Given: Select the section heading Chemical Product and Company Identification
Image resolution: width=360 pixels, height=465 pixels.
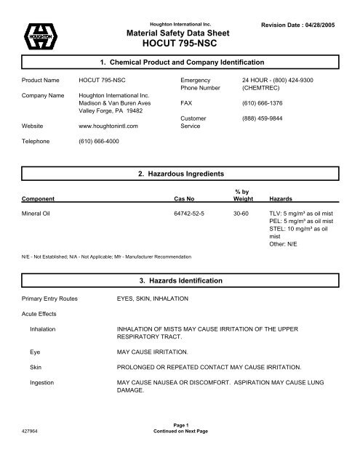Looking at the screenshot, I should coord(180,62).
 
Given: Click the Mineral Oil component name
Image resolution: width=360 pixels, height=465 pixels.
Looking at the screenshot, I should coord(41,214).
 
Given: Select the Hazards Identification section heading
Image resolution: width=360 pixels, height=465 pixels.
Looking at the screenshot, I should coord(180,279).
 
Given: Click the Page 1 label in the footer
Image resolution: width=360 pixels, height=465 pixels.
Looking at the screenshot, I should coord(180,445).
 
